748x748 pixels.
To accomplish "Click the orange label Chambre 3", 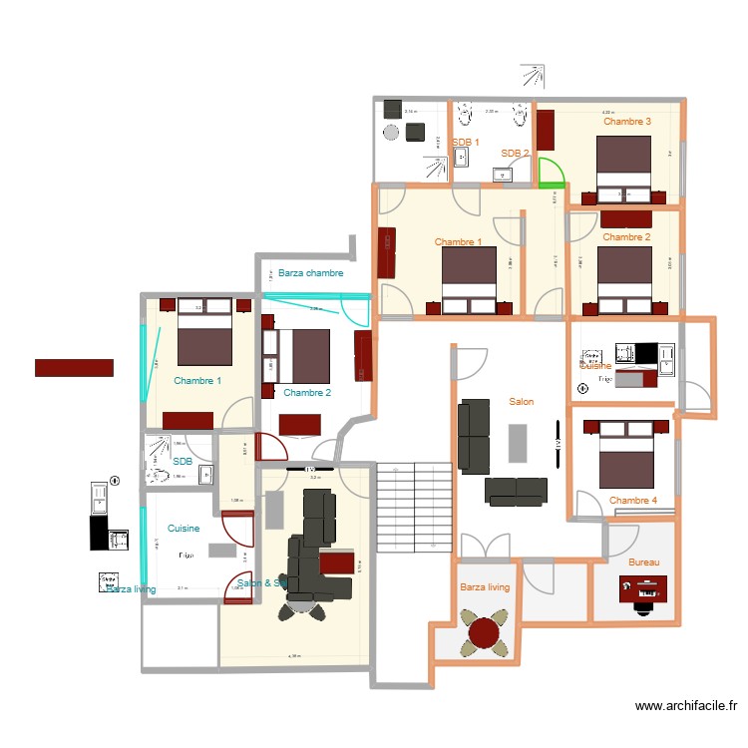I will point(627,122).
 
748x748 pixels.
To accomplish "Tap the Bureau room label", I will point(643,562).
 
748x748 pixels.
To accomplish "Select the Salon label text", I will point(521,402).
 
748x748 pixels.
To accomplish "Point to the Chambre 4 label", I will point(633,501).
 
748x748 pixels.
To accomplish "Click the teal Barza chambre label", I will point(310,272).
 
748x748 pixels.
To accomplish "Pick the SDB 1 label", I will point(465,143).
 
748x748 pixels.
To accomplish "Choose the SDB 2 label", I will point(515,154).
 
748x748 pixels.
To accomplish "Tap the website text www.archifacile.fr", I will point(686,707).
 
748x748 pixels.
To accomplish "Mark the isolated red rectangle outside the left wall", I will point(74,367).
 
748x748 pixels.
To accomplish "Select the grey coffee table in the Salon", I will point(518,443).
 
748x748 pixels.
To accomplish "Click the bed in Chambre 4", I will point(625,454).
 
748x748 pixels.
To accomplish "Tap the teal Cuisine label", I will point(184,529).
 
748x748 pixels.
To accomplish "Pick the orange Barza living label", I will point(485,587).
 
